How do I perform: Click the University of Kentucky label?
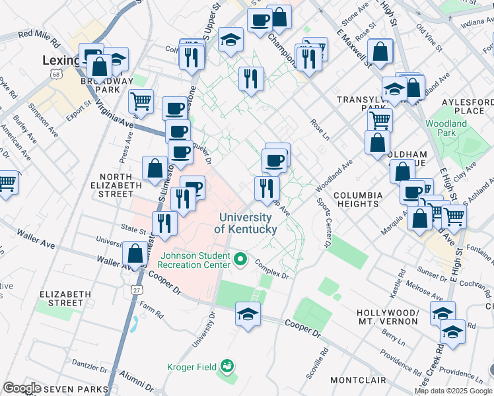point(246,223)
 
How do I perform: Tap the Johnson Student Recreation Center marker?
point(240,260)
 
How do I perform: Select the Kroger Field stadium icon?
point(228,364)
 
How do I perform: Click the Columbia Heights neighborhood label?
point(357,200)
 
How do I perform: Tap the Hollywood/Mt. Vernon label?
point(387,317)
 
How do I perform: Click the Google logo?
point(21,388)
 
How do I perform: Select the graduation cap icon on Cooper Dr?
point(248,313)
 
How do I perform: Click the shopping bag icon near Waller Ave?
point(135,253)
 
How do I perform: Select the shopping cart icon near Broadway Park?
point(141,101)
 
